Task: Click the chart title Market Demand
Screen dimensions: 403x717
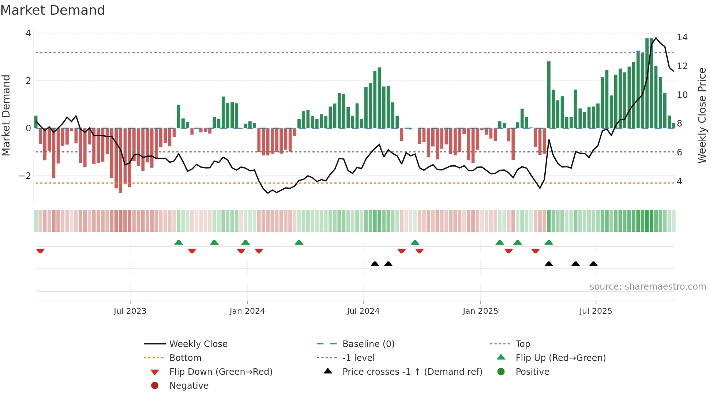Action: coord(53,10)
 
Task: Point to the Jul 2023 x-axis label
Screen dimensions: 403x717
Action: coord(130,311)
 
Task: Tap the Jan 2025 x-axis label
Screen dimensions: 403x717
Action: coord(480,311)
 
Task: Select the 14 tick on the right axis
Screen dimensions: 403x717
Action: coord(682,37)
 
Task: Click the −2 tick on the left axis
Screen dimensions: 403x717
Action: coord(25,176)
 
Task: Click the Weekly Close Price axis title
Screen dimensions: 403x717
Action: coord(702,115)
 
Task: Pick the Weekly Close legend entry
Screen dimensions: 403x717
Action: coord(198,344)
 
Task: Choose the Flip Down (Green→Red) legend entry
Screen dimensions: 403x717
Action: coord(221,372)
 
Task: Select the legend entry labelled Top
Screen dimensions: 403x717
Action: coord(522,344)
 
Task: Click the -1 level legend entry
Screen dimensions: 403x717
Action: coord(358,358)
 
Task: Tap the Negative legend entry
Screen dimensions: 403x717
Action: coord(189,386)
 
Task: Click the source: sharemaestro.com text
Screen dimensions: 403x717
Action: coord(647,287)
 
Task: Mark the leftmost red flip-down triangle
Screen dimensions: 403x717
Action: coord(40,251)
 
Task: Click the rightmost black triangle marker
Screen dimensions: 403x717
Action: coord(593,264)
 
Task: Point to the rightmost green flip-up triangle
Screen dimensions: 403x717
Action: coord(549,242)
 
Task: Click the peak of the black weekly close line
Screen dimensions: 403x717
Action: coord(656,38)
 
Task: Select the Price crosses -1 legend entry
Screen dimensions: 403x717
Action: coord(412,372)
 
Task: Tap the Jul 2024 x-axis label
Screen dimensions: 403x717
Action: coord(363,311)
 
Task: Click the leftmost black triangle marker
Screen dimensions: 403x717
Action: coord(375,264)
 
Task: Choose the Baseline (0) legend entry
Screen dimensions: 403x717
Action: coord(368,344)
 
